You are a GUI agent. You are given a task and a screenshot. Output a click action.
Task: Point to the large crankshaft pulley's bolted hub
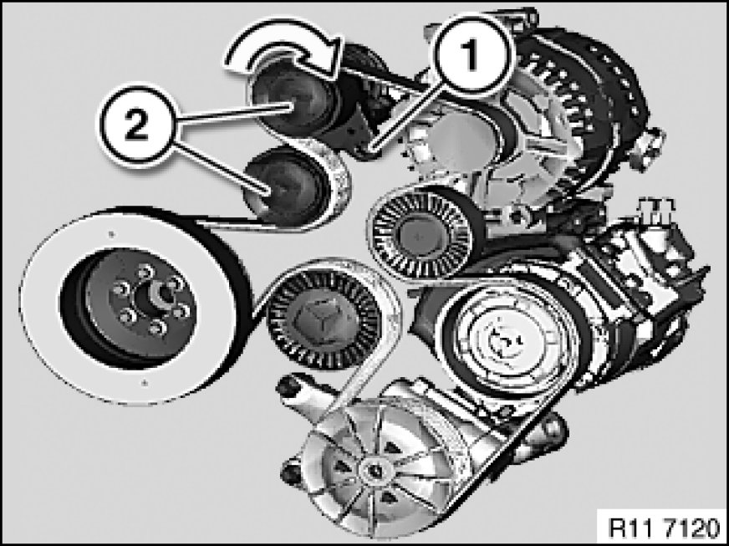click(140, 304)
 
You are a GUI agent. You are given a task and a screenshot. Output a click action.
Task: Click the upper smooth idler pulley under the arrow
click(293, 100)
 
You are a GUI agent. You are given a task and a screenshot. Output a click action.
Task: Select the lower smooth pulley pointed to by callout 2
click(286, 187)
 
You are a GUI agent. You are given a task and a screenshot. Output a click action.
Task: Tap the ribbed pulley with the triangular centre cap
click(324, 319)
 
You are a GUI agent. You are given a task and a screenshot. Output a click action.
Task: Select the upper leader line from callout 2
click(235, 114)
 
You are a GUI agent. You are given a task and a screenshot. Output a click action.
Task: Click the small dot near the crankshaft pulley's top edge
click(110, 234)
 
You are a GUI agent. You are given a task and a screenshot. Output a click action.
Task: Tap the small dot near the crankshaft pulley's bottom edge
click(145, 383)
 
